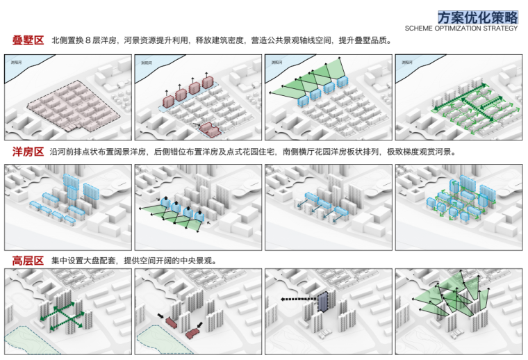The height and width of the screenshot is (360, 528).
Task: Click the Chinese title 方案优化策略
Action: click(477, 17)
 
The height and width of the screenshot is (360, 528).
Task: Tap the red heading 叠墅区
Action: click(28, 40)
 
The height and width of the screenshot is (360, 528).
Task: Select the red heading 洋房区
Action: click(28, 152)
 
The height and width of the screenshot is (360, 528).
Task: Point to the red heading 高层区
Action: click(28, 261)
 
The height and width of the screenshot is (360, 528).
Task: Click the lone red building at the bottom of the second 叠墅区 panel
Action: click(208, 128)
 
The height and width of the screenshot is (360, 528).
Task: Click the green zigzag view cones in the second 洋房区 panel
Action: click(174, 215)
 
